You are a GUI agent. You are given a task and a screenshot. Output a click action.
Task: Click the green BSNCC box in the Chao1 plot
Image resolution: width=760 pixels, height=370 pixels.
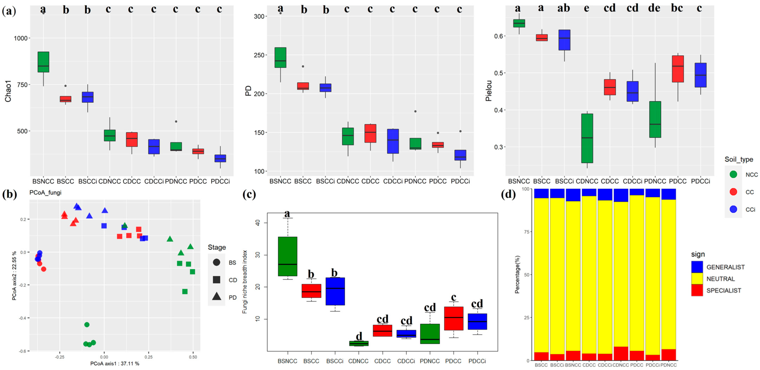[43, 62]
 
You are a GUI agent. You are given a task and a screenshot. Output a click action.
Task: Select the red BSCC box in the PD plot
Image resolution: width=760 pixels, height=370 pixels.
[303, 86]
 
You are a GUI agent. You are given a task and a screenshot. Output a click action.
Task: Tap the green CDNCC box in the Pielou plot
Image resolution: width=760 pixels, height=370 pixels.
[587, 138]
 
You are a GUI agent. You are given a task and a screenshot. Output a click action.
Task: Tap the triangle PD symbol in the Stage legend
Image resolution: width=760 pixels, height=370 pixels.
[216, 296]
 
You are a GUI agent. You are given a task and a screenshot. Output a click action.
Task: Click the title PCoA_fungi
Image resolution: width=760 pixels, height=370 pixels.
[46, 193]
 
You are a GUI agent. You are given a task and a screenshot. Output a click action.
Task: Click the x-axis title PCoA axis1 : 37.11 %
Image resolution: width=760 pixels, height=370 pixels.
[115, 363]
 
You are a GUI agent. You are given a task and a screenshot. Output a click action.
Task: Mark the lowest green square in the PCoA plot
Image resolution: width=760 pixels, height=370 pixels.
[185, 291]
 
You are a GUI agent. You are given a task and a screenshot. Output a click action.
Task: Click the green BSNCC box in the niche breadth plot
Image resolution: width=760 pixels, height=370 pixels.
[288, 256]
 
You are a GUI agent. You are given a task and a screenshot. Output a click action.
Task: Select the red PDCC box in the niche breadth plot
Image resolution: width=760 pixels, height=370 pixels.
[454, 318]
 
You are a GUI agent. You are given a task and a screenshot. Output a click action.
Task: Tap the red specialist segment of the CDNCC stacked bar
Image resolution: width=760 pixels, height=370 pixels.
[621, 353]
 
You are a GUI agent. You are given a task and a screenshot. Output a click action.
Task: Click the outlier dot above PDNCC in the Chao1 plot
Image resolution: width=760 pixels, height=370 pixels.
[176, 121]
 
